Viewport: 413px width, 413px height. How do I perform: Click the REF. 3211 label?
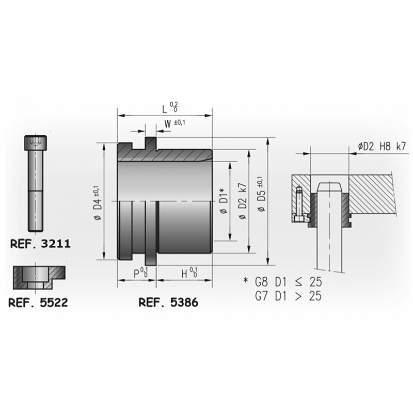point(40,244)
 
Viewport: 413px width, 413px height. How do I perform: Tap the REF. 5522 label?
point(38,303)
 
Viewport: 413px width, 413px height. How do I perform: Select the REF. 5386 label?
point(168,303)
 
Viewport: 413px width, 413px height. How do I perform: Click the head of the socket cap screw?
point(36,143)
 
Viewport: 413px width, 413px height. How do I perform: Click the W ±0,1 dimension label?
point(174,123)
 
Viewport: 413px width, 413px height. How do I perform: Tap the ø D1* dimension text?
point(223,201)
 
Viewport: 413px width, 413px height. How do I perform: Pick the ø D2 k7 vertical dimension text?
point(242,201)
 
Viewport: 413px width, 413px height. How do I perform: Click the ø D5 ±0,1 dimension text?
point(261,194)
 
